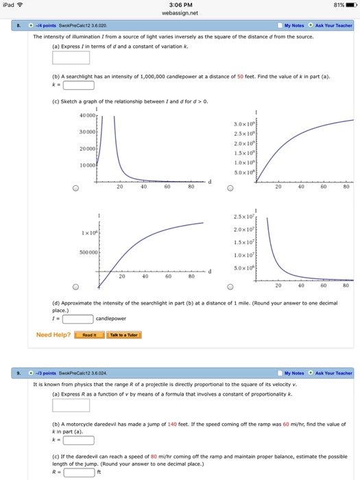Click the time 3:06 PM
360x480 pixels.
click(x=180, y=5)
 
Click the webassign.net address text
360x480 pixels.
click(x=180, y=13)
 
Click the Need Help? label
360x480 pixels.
click(x=53, y=335)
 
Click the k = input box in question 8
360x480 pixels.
click(x=78, y=86)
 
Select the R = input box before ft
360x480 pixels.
click(x=78, y=472)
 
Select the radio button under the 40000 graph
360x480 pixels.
click(x=76, y=189)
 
